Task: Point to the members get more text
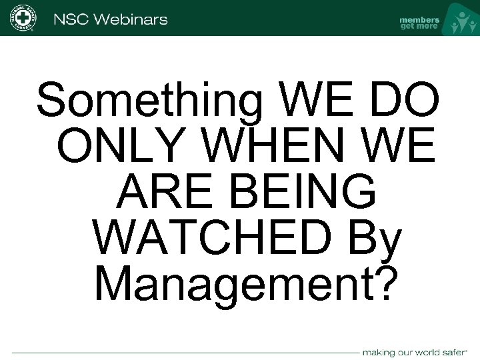tap(419, 23)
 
